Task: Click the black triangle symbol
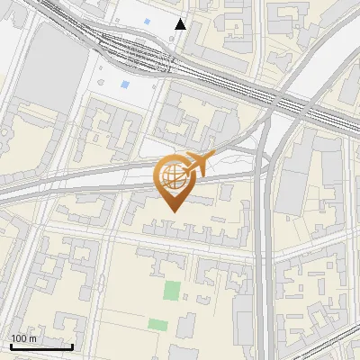181,24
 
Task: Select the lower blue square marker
124,84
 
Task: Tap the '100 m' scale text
23,338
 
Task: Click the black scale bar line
41,346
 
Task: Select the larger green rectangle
171,291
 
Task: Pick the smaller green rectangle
157,324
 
